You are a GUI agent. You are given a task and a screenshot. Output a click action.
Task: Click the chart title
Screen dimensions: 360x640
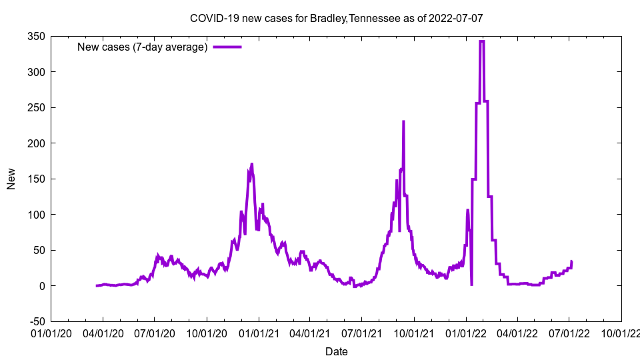[336, 18]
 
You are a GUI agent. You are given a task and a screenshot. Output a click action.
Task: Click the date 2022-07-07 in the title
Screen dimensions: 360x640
[456, 18]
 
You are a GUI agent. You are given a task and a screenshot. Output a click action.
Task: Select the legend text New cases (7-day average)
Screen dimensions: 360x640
[143, 47]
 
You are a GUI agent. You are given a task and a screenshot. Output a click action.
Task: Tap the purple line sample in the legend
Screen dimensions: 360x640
[227, 47]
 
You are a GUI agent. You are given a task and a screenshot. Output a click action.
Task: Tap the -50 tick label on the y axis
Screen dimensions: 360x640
[35, 321]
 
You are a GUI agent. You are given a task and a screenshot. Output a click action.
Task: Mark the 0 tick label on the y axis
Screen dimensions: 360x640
[41, 286]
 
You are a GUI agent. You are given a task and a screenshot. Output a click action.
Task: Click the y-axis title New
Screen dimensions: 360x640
[11, 179]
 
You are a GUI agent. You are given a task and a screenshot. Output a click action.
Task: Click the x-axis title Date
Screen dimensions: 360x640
[336, 351]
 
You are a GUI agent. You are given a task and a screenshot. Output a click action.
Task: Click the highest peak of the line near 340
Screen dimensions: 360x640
[481, 41]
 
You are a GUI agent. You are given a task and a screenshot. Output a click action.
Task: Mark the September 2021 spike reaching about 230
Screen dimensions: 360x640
[403, 122]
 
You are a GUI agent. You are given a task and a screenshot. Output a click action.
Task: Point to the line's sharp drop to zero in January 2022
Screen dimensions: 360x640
[471, 285]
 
